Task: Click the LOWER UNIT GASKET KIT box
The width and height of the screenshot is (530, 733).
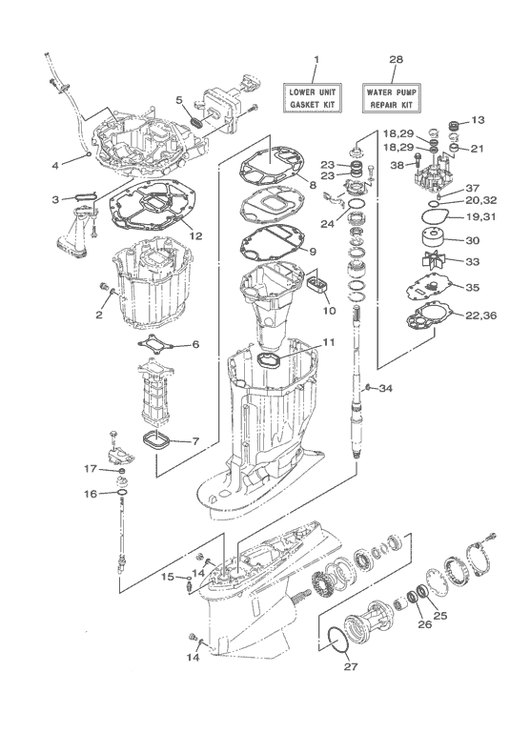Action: tap(316, 95)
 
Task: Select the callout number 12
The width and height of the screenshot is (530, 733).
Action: tap(194, 235)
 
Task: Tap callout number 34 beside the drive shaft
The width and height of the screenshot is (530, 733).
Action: tap(385, 388)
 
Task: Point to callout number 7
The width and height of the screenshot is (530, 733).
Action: tap(194, 441)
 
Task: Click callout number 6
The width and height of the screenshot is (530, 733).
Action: tap(194, 344)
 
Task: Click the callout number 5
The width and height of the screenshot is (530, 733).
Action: tap(179, 98)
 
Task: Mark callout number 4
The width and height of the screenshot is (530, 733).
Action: tap(55, 165)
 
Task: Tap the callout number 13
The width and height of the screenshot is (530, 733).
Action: tap(479, 120)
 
